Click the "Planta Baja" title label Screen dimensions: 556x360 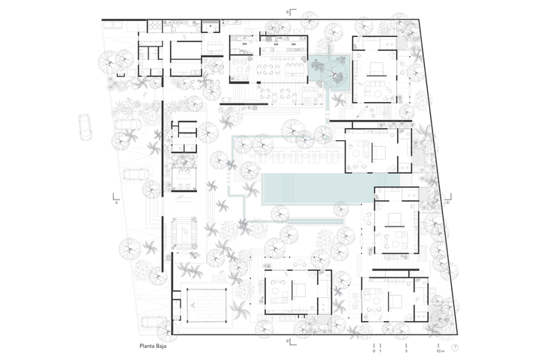(153, 346)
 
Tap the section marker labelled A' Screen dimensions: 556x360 (449, 198)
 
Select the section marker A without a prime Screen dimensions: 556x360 (115, 199)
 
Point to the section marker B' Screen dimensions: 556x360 (291, 341)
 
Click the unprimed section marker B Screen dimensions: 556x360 (291, 13)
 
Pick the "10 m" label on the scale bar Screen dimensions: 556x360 (440, 351)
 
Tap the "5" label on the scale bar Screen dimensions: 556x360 (406, 351)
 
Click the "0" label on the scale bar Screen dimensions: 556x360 (374, 351)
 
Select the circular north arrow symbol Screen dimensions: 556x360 (455, 347)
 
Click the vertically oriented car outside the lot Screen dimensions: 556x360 (85, 127)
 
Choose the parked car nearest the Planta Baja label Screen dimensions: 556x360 (153, 322)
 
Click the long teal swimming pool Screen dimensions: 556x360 (330, 187)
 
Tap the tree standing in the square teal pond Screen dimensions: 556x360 (333, 73)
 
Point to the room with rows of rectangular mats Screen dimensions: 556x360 (207, 305)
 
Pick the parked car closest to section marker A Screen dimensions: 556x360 (136, 174)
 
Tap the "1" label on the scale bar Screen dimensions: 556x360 (381, 351)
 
